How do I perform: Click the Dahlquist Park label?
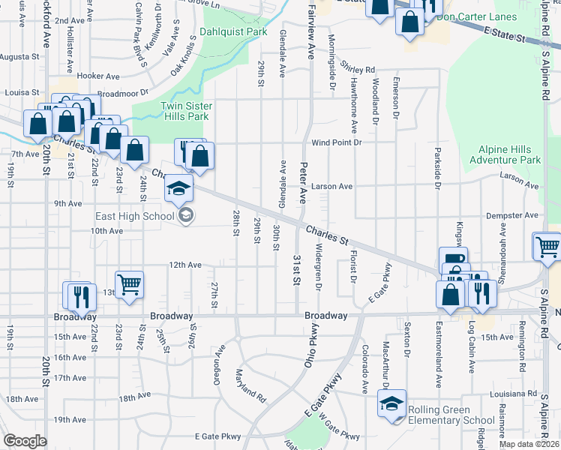point(233,33)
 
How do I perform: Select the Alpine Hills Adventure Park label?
point(505,155)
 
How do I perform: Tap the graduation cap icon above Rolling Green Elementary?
point(391,405)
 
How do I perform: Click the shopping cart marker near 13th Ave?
point(129,285)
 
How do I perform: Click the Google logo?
point(25,441)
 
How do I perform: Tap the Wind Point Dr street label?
point(337,142)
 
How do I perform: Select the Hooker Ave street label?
point(98,76)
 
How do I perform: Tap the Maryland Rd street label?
point(250,385)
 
